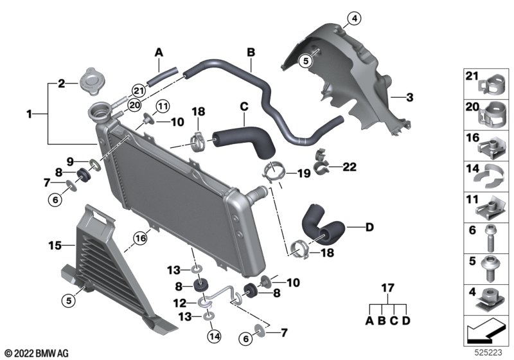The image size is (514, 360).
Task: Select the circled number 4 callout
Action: [355, 19]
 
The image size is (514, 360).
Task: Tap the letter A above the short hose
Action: [159, 53]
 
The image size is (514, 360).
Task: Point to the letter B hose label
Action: [251, 53]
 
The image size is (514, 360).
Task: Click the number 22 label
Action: [349, 167]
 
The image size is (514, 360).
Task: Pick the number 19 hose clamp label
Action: [303, 173]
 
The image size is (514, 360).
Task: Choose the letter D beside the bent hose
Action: [369, 227]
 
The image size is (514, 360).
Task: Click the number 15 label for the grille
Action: [55, 245]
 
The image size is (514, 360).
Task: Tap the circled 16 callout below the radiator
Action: [141, 238]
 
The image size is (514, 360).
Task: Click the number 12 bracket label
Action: [180, 303]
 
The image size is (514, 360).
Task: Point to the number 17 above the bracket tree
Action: [387, 288]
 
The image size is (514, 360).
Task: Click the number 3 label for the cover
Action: [409, 97]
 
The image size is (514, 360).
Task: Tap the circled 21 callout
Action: [139, 91]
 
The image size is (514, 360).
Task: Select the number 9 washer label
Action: [70, 161]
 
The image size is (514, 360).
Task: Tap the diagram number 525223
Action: [488, 352]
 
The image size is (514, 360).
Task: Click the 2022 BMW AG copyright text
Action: [37, 354]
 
